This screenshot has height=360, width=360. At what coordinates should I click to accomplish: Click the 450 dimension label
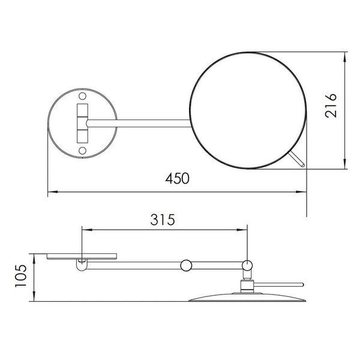tap(177, 178)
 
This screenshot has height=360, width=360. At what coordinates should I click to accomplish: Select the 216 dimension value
tap(331, 106)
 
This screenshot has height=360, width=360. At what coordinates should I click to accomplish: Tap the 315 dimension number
tap(163, 220)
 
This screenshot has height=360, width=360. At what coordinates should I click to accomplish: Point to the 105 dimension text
tap(20, 276)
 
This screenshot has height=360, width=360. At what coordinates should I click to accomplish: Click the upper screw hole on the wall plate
tap(82, 96)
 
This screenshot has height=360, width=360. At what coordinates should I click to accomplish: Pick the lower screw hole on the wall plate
tap(82, 151)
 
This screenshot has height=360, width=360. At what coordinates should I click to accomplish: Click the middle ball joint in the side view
tap(186, 265)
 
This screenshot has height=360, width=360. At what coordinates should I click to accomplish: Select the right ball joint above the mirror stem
tap(247, 265)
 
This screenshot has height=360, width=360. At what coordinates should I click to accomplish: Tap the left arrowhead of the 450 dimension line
tap(53, 192)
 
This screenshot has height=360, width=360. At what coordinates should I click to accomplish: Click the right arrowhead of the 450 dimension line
tap(301, 192)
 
